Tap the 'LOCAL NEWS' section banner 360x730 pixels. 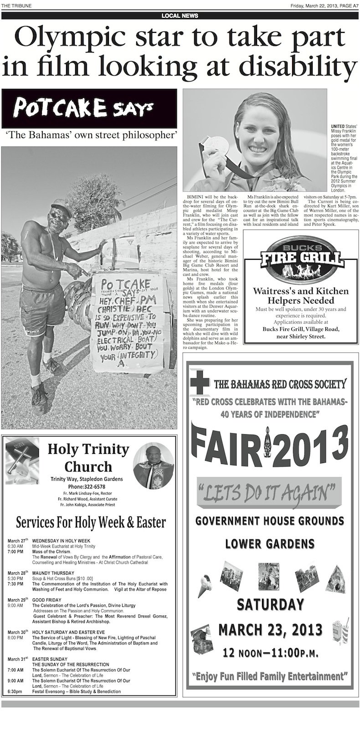180,15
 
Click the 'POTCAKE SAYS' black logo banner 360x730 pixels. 89,108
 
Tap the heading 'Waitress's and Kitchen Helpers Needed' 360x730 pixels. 301,296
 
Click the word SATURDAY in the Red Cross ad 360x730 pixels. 270,605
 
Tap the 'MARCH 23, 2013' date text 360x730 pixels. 270,630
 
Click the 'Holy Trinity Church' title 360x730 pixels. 88,458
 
